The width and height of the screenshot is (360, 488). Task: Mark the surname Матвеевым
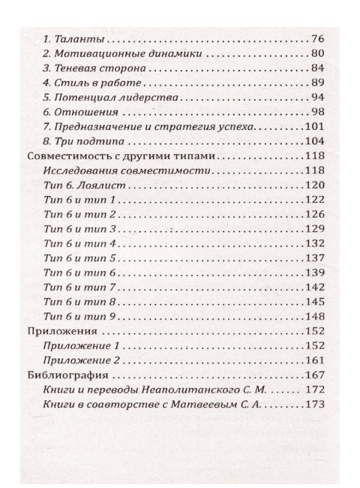click(x=214, y=406)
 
